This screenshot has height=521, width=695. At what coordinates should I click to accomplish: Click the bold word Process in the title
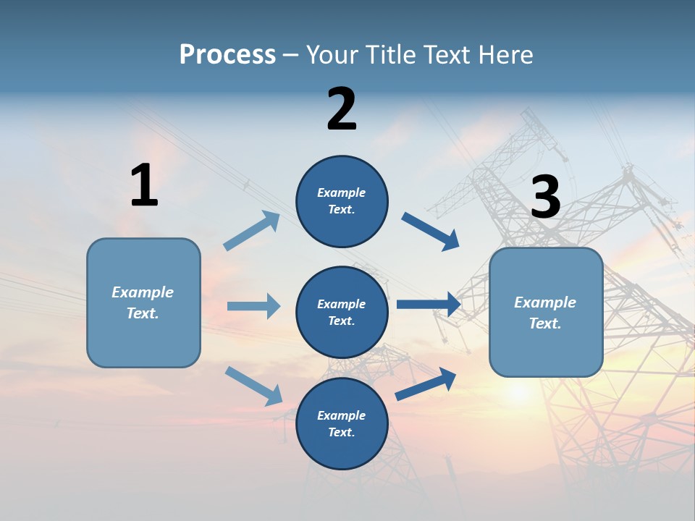click(227, 54)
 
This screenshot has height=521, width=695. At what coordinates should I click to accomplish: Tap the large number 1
click(144, 185)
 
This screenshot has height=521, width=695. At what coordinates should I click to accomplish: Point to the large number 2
click(342, 109)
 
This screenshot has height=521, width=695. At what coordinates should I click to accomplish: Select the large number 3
click(546, 198)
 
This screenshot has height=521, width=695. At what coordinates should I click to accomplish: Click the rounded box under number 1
click(143, 302)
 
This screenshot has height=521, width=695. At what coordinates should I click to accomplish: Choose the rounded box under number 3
click(546, 312)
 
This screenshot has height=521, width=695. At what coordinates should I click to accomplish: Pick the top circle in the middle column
click(342, 201)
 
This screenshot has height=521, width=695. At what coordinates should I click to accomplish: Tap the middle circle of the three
click(342, 312)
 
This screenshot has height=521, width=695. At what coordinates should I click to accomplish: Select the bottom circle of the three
click(342, 423)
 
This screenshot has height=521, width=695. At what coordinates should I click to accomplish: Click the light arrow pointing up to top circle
click(252, 231)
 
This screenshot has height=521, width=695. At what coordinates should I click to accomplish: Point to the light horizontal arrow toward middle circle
click(253, 306)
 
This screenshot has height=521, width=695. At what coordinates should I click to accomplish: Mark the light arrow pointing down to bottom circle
click(253, 386)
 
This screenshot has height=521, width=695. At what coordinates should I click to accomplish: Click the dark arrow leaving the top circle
click(431, 231)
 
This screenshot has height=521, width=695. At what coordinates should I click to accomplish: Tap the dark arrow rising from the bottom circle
click(426, 384)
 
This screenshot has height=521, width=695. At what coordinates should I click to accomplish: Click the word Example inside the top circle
click(341, 192)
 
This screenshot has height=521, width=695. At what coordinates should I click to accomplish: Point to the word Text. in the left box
click(143, 313)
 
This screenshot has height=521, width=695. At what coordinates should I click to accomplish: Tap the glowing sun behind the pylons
click(518, 391)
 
